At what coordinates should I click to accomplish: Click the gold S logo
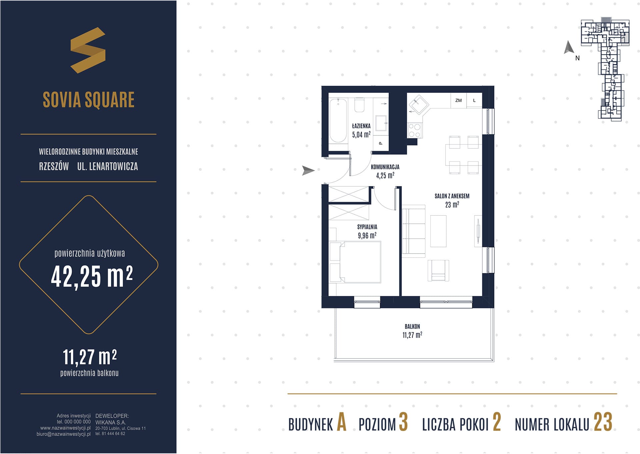(88, 50)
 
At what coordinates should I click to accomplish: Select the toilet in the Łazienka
(360, 105)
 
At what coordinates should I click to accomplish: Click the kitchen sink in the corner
(418, 104)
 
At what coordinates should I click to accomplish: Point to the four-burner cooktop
(415, 130)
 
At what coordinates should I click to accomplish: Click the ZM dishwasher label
(458, 101)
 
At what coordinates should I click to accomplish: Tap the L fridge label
(474, 101)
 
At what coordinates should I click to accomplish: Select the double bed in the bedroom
(355, 262)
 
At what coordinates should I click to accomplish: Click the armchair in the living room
(438, 270)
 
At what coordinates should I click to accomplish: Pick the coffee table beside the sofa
(438, 231)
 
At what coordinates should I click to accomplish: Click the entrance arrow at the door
(308, 170)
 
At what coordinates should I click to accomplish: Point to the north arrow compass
(569, 48)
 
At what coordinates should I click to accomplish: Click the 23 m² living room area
(452, 205)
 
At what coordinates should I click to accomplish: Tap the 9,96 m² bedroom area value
(367, 236)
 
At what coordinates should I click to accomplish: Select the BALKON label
(412, 327)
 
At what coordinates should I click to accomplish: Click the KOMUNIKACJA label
(385, 167)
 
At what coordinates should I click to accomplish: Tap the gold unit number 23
(603, 422)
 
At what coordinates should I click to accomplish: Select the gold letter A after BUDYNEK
(342, 422)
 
